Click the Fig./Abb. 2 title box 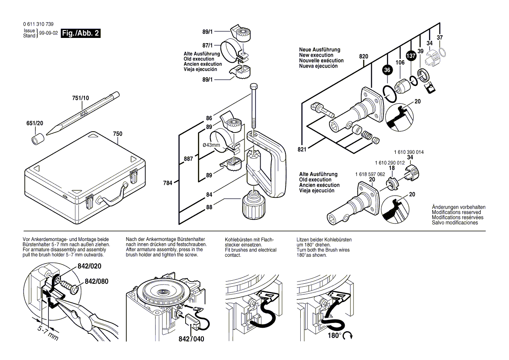(x=81, y=33)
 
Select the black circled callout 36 (x=387, y=70)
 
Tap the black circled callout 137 (x=411, y=56)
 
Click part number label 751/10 (x=80, y=98)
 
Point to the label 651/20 (x=35, y=123)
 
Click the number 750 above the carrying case (x=118, y=134)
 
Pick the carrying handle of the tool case (x=112, y=196)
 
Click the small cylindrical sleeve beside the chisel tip (x=38, y=139)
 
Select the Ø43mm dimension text (x=211, y=145)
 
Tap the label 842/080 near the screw (x=96, y=282)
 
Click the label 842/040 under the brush (x=191, y=339)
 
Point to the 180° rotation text (x=334, y=335)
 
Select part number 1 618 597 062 (x=370, y=174)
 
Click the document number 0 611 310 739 (x=38, y=24)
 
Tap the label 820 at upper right (x=363, y=57)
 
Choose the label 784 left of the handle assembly (x=167, y=183)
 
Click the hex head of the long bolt (x=254, y=87)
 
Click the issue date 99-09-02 (x=48, y=33)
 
